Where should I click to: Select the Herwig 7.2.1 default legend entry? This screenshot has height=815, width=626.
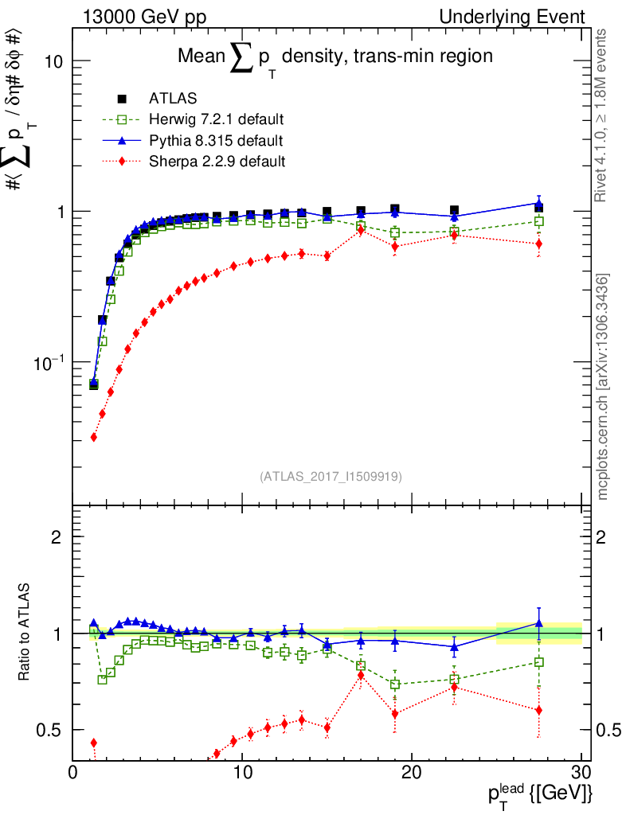click(216, 120)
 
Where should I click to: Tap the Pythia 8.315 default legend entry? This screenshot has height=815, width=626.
click(215, 141)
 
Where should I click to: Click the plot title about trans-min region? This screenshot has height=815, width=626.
click(335, 57)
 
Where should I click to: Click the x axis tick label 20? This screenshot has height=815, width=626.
click(411, 773)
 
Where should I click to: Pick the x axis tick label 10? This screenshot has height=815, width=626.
click(242, 773)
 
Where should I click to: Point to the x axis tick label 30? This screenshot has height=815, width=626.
click(581, 773)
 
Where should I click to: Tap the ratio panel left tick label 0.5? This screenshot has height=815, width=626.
click(50, 730)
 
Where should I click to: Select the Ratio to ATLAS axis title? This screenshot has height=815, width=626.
click(25, 634)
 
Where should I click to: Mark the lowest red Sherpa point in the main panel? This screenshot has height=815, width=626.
click(94, 437)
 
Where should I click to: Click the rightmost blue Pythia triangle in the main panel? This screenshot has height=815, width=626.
click(539, 204)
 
